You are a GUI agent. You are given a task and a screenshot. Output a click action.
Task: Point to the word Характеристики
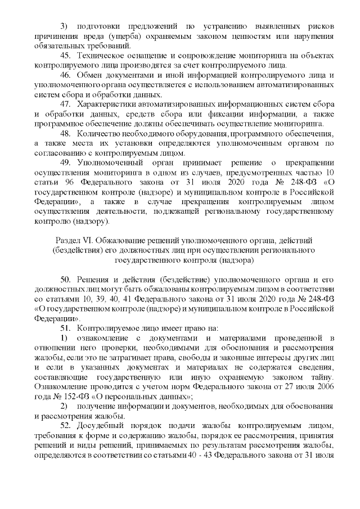click(x=109, y=105)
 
